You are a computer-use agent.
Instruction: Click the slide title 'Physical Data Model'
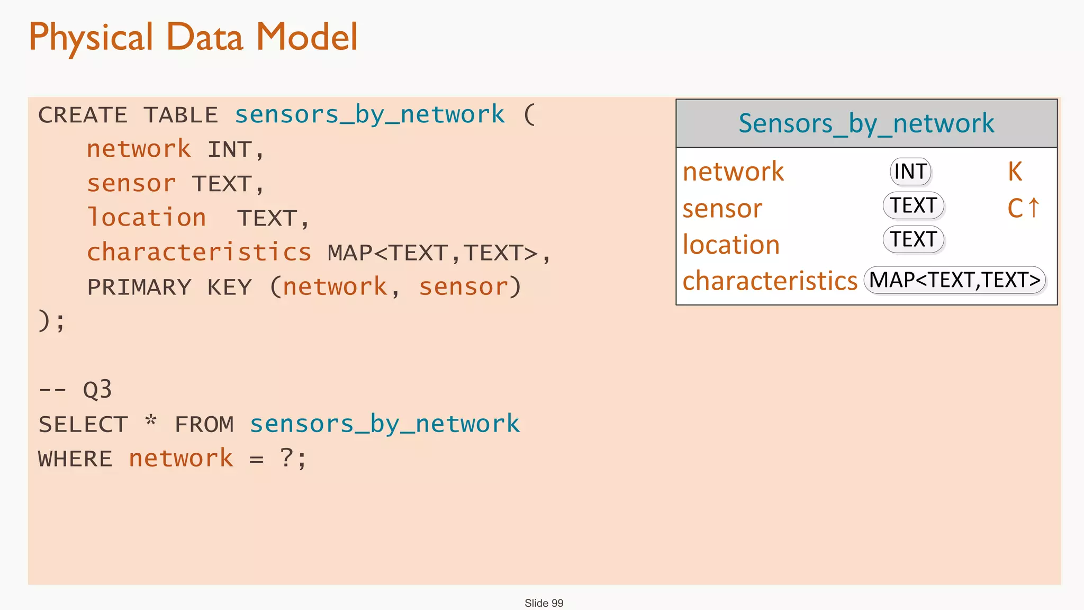click(x=193, y=37)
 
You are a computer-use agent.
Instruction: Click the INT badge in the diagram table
click(x=910, y=172)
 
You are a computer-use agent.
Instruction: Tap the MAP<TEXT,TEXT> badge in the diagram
click(x=955, y=280)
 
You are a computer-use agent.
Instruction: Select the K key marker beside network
click(x=1015, y=172)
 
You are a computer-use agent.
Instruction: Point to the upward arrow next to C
click(x=1034, y=207)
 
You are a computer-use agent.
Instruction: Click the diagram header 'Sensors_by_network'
click(x=866, y=123)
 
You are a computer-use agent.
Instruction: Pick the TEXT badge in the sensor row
click(x=914, y=205)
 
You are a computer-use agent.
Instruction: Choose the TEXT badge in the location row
click(x=914, y=239)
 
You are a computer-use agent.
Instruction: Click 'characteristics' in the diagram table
click(x=770, y=281)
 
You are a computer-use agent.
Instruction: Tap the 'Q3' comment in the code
click(x=97, y=390)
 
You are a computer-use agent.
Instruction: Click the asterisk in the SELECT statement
click(x=151, y=421)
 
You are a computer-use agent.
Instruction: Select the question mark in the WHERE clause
click(x=286, y=457)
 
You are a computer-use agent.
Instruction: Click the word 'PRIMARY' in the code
click(x=139, y=288)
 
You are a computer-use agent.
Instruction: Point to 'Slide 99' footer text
click(x=544, y=603)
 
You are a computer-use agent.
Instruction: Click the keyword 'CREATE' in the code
click(x=83, y=115)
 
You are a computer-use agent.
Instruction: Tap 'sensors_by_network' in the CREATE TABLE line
click(x=370, y=115)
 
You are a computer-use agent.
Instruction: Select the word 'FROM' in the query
click(x=204, y=425)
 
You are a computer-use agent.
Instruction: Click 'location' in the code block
click(x=147, y=218)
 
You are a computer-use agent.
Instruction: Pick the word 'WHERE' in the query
click(x=76, y=459)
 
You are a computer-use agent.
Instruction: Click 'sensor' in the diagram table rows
click(x=722, y=209)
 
